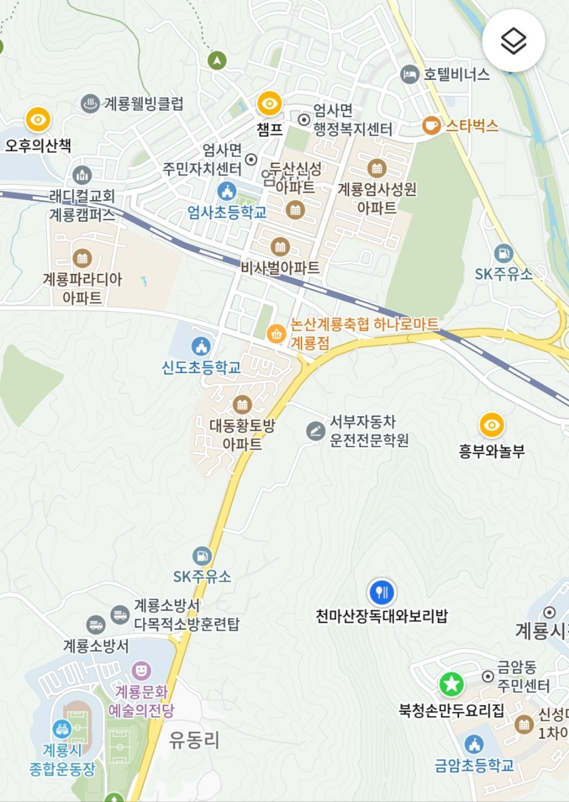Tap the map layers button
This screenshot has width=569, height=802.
(x=513, y=41)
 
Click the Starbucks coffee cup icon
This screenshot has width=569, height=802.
(x=431, y=125)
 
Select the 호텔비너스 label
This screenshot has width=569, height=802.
(x=456, y=74)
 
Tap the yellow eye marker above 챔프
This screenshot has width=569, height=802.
(x=269, y=104)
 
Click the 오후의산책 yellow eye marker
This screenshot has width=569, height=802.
(x=38, y=120)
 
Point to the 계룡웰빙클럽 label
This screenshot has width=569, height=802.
(x=143, y=104)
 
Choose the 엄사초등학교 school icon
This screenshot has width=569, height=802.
(x=227, y=191)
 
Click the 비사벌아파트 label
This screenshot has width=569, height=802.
(x=280, y=268)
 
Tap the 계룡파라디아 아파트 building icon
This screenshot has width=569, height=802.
(x=82, y=258)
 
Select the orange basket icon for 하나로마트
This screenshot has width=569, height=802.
(x=276, y=334)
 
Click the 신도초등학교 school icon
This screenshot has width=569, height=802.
(x=201, y=347)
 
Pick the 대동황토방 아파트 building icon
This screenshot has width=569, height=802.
(x=242, y=405)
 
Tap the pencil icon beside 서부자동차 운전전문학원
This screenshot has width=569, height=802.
(x=316, y=431)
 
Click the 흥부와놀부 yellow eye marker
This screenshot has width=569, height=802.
(x=492, y=425)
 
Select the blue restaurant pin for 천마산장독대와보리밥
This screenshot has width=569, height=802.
(x=382, y=592)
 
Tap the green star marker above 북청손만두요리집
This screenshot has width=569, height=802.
(x=451, y=684)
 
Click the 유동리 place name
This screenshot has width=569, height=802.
(x=194, y=740)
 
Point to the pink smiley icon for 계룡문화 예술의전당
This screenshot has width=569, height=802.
(x=141, y=670)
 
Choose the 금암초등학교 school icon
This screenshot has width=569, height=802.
(x=474, y=745)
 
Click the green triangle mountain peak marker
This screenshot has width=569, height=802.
(x=217, y=60)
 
